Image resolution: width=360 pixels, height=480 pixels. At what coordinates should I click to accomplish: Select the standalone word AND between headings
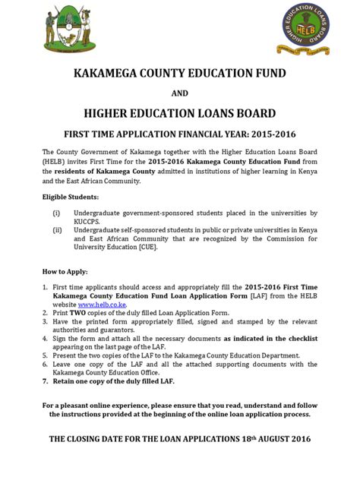[x=179, y=94]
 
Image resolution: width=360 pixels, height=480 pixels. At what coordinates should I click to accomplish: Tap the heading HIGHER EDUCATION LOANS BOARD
[x=179, y=114]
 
